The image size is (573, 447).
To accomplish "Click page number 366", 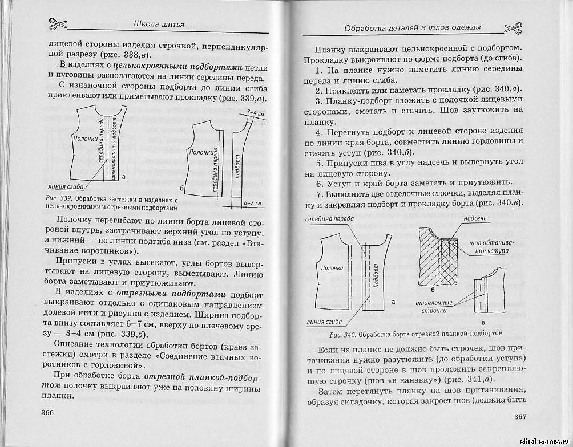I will coord(50,412).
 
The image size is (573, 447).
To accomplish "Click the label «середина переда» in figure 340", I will coord(329,220).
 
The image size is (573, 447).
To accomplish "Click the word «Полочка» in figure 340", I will coord(332,267).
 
